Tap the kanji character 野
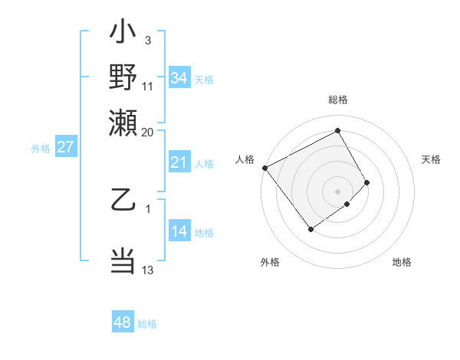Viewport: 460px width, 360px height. tap(123, 79)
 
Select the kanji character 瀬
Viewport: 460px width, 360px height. tap(123, 122)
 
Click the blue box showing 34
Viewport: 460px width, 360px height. tap(179, 78)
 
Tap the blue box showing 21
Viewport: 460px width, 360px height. tap(179, 162)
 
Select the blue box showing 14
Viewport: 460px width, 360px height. tap(179, 232)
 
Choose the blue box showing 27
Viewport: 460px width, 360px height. tap(65, 147)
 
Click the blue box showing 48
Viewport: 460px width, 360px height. tap(122, 322)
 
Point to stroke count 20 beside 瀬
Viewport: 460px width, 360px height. tap(147, 132)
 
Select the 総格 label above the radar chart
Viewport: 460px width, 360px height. tap(337, 100)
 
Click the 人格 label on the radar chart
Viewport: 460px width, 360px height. tap(245, 159)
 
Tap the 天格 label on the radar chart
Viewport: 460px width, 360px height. tap(431, 159)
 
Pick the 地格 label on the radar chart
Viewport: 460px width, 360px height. tap(402, 263)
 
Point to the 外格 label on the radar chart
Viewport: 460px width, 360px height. tap(270, 263)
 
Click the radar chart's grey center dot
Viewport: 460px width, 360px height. tap(337, 190)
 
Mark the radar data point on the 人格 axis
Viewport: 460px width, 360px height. tap(264, 168)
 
